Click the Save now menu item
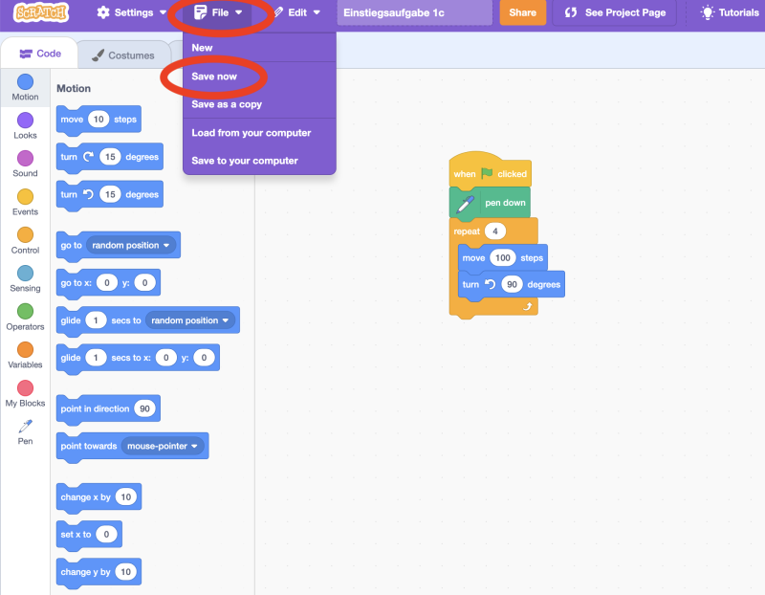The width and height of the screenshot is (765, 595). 214,77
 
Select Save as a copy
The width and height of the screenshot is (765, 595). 227,104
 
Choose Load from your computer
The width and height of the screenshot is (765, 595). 251,133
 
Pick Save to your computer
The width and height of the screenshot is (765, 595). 245,161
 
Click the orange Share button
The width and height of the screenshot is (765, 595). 522,13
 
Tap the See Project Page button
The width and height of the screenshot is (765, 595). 614,13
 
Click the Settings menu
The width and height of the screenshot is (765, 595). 132,13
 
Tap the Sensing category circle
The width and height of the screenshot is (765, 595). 25,274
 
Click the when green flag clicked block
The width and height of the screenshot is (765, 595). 490,174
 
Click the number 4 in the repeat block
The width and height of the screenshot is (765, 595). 495,231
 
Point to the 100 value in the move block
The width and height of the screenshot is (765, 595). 503,258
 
